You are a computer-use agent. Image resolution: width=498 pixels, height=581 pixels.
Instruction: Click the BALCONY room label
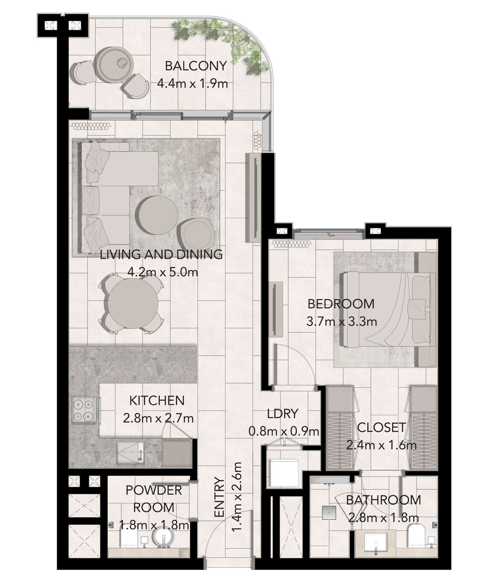click(196, 66)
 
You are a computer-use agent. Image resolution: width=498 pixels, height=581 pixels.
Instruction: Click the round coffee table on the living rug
click(157, 215)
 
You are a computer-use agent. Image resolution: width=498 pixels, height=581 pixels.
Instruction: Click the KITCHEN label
click(157, 400)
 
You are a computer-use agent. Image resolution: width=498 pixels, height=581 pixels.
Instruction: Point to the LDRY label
click(283, 413)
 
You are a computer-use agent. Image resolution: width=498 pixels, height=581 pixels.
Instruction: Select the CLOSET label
click(381, 427)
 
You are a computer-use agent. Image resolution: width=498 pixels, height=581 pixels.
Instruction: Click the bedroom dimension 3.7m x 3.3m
click(342, 322)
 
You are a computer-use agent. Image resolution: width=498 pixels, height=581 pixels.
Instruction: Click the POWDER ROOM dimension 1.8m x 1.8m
click(154, 525)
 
